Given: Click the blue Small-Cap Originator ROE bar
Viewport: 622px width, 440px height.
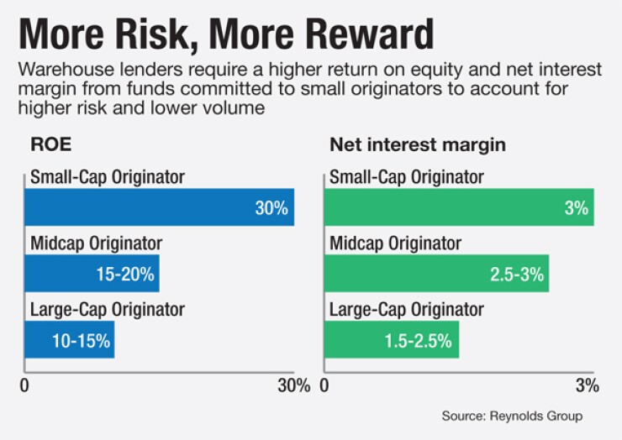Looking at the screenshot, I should click(159, 207).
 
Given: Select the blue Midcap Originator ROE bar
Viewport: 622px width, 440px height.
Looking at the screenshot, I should click(92, 274).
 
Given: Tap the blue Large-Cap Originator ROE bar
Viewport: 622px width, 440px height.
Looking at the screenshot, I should click(69, 339).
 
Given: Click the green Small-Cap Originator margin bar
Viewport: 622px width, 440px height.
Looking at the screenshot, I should click(459, 207).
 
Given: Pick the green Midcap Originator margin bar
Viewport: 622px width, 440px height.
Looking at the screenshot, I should click(436, 274).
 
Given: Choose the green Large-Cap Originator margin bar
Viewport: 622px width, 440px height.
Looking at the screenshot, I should click(392, 339).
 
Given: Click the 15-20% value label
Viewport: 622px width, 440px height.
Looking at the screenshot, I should click(124, 275).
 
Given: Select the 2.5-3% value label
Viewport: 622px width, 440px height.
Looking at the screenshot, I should click(517, 275).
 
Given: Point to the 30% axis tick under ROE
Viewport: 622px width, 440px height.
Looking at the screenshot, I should click(293, 387).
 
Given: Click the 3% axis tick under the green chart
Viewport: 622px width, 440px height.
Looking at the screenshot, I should click(587, 387).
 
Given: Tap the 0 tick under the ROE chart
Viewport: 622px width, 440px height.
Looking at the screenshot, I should click(24, 387).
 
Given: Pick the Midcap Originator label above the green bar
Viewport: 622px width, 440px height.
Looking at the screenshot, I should click(396, 244).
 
